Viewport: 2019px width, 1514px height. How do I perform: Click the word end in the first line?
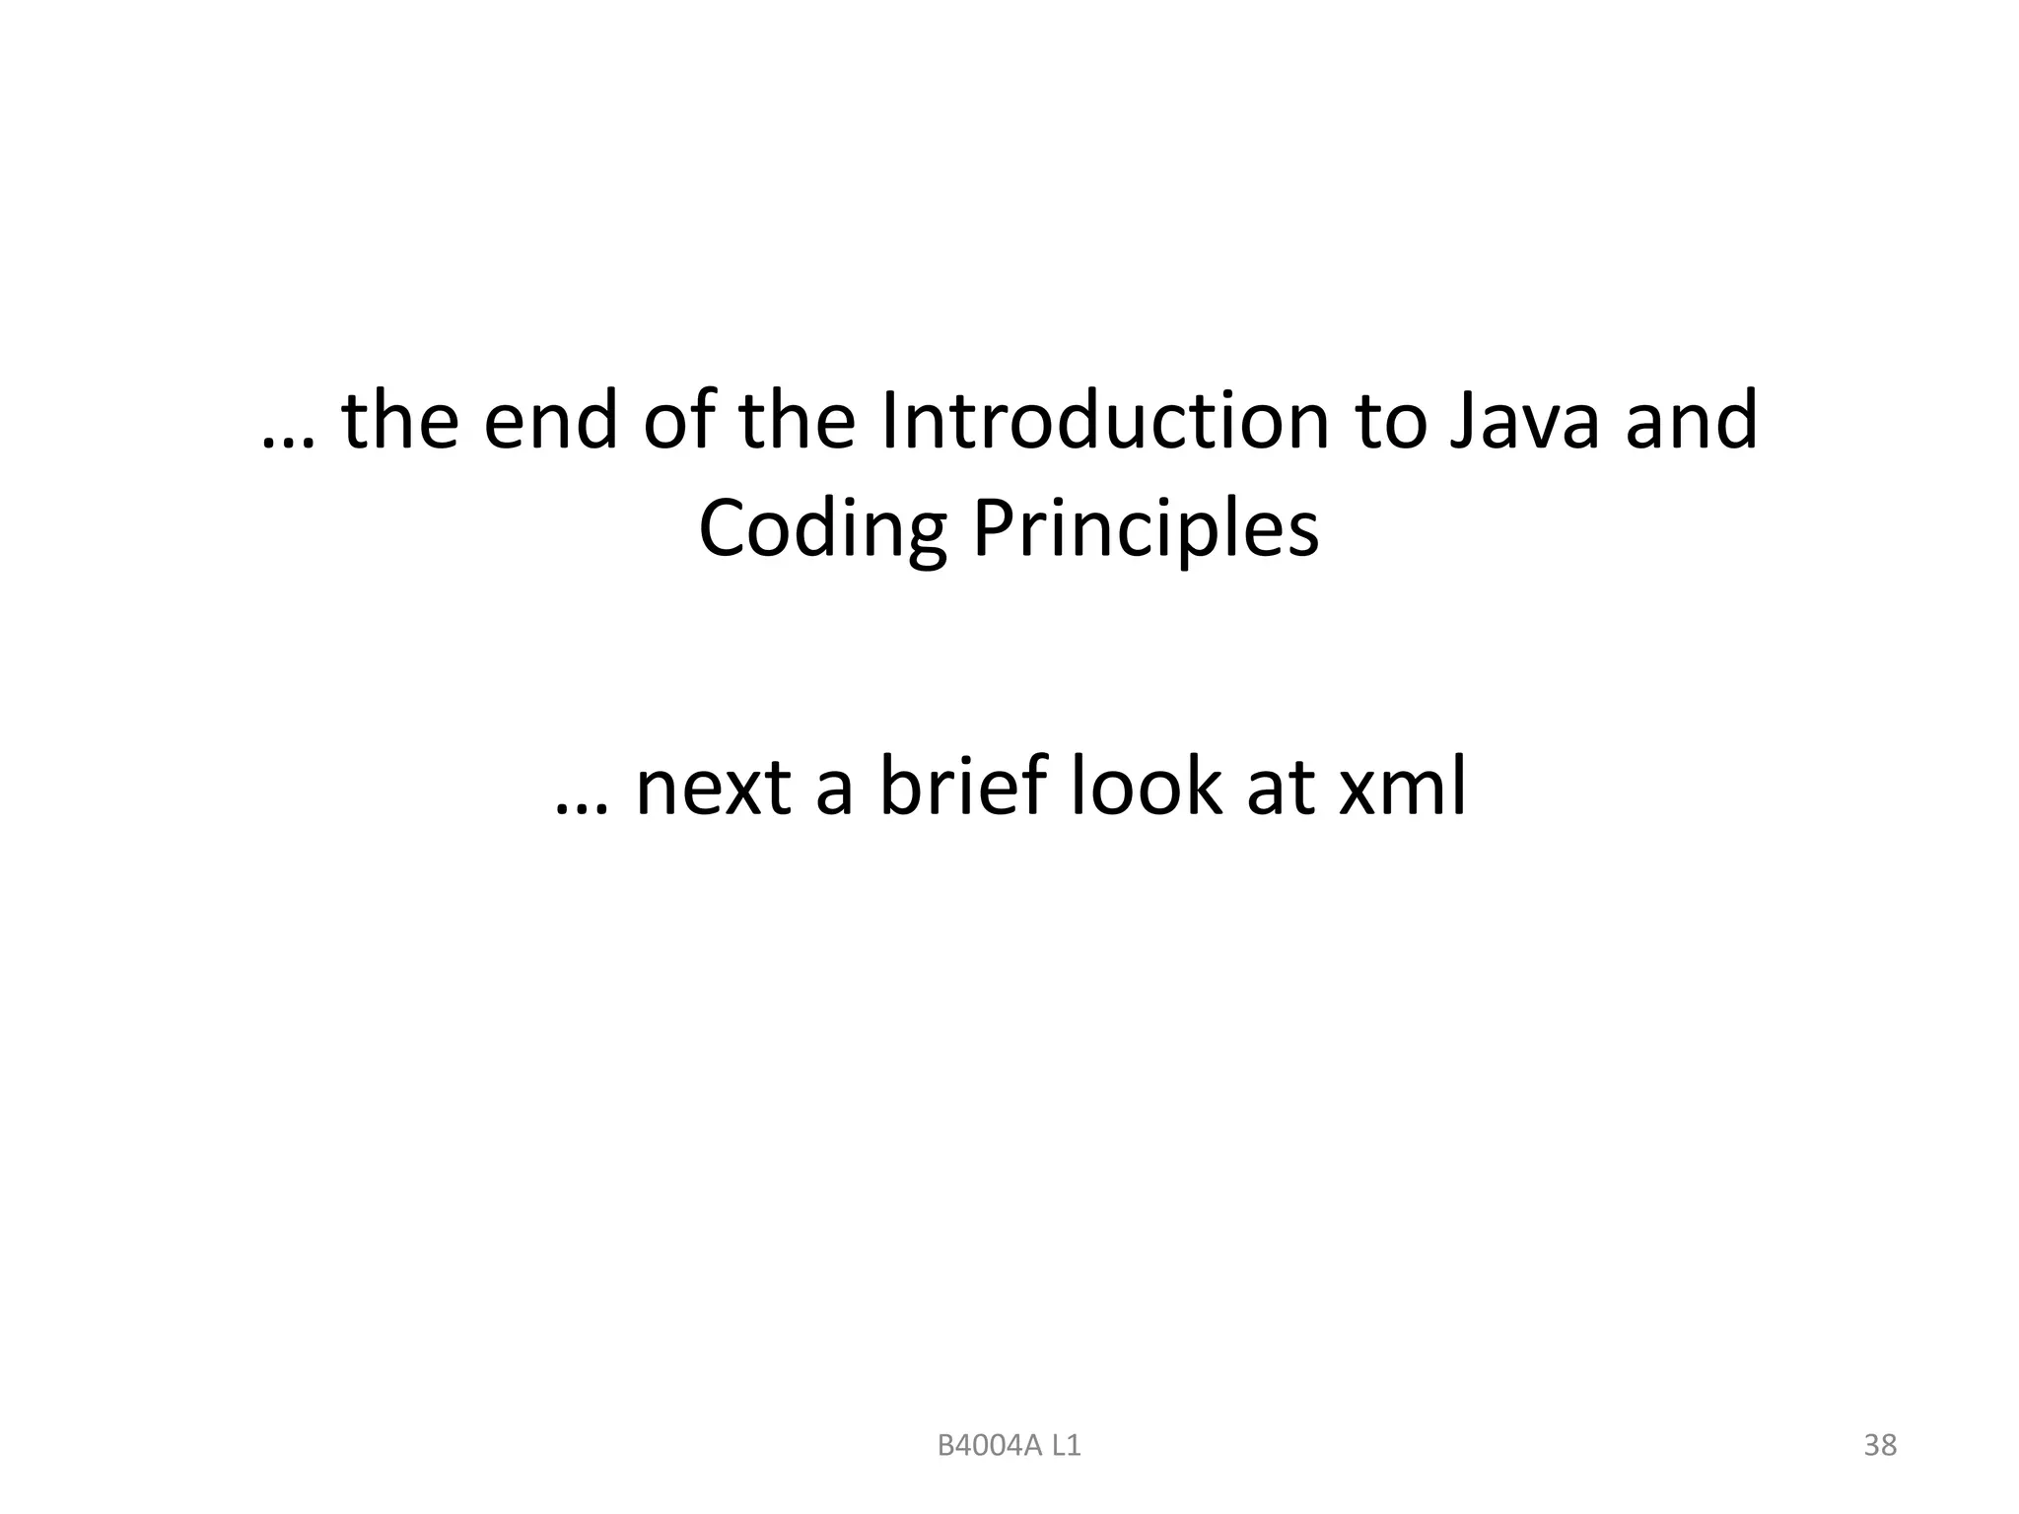pos(551,421)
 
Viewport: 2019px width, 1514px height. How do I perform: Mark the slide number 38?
pos(1880,1445)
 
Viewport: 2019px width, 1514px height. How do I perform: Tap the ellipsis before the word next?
pos(581,808)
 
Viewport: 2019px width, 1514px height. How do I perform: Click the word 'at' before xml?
pos(1280,789)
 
